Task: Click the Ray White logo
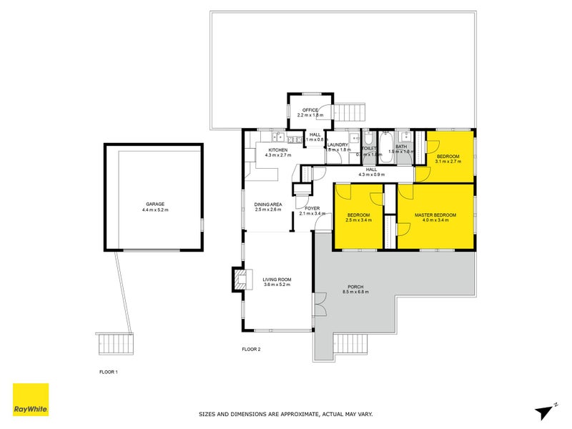tap(31, 400)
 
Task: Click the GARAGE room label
tap(154, 204)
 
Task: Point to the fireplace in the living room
tap(239, 279)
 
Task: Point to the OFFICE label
tap(310, 110)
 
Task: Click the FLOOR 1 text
tap(108, 373)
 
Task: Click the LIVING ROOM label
tap(277, 280)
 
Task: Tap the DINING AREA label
tap(268, 205)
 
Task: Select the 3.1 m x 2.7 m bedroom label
tap(448, 162)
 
